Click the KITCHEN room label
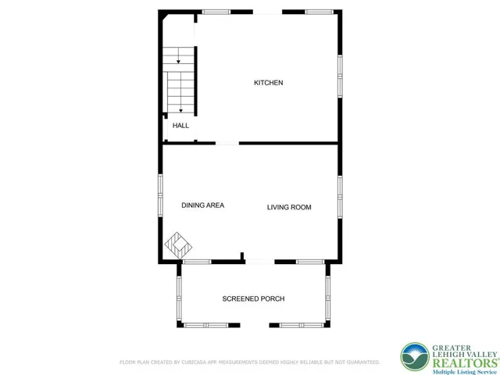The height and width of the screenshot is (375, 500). [x=268, y=83]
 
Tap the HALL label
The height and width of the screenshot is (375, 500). [x=180, y=125]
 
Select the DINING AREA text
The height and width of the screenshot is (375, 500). [x=203, y=205]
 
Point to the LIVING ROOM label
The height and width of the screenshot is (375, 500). [x=289, y=207]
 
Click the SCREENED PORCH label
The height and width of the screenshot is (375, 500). [x=253, y=299]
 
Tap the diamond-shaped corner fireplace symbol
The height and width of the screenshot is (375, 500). [x=178, y=245]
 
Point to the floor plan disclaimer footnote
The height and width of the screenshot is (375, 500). [x=249, y=362]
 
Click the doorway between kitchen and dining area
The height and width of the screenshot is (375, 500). [x=227, y=143]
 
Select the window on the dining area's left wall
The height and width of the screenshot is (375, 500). [x=161, y=192]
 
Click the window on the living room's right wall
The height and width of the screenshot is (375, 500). [x=340, y=195]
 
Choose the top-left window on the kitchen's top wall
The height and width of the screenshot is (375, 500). [x=216, y=12]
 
